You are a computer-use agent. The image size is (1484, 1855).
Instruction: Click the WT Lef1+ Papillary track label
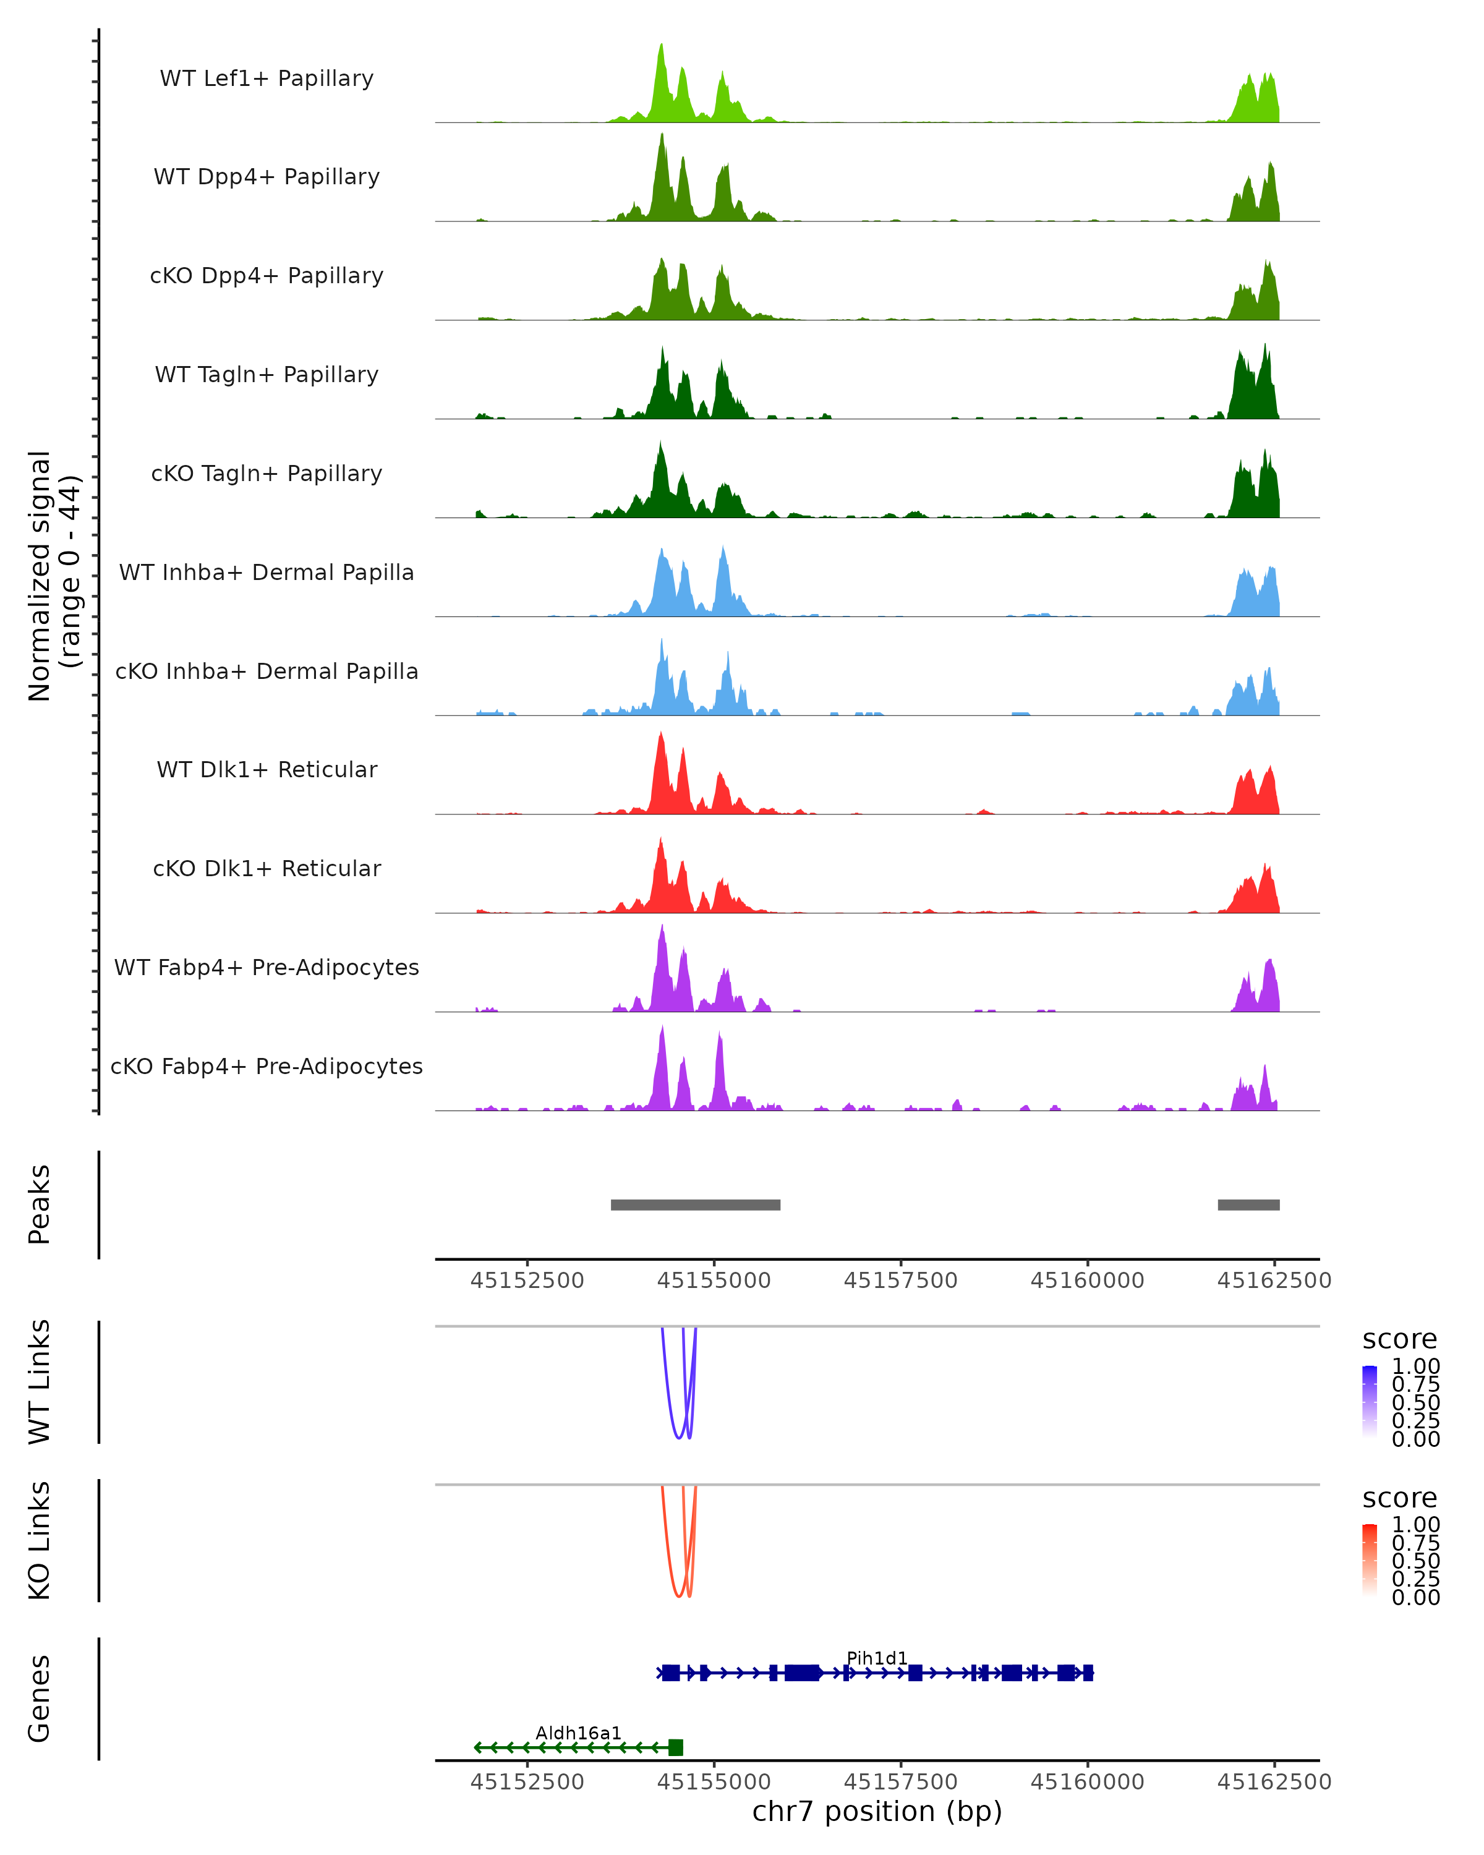267,79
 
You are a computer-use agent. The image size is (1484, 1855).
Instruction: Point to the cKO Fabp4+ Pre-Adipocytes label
267,1066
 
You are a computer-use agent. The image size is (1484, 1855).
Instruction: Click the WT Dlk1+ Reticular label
267,769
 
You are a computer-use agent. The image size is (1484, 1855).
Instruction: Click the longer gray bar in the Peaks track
695,1205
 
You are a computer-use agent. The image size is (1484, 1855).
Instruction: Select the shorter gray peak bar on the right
1248,1205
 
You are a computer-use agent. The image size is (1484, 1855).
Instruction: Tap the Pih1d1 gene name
877,1658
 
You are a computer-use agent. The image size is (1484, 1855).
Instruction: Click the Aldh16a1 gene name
578,1733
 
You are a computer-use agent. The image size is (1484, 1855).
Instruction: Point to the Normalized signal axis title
53,576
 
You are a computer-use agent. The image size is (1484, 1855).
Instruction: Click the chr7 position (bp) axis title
877,1810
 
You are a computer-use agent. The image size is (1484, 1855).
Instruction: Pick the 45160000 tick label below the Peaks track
1088,1281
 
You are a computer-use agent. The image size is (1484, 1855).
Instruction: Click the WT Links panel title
40,1382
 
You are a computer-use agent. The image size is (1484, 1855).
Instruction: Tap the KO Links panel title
40,1540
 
